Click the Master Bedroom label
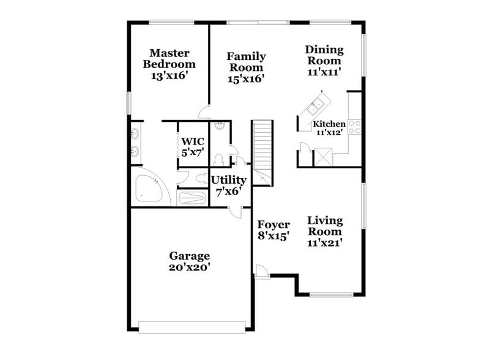pos(169,59)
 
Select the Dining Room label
pos(324,55)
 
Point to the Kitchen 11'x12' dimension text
pos(329,132)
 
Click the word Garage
pos(190,256)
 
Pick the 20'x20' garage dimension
pos(190,268)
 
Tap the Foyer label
pos(273,225)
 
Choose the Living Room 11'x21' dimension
pos(324,242)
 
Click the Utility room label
pos(228,180)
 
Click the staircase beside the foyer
pos(262,150)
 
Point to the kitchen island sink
pos(315,107)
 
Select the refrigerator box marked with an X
pos(322,157)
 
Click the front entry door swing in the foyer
pos(261,271)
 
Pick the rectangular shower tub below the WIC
pos(193,198)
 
